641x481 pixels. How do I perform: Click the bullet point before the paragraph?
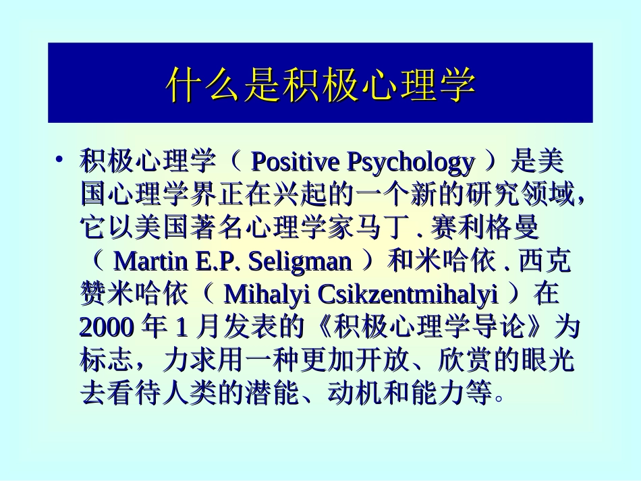point(59,160)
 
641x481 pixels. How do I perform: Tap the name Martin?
point(148,261)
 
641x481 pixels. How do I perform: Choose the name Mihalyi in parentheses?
point(264,294)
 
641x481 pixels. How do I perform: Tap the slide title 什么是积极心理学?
point(320,84)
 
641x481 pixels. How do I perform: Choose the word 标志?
point(107,360)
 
